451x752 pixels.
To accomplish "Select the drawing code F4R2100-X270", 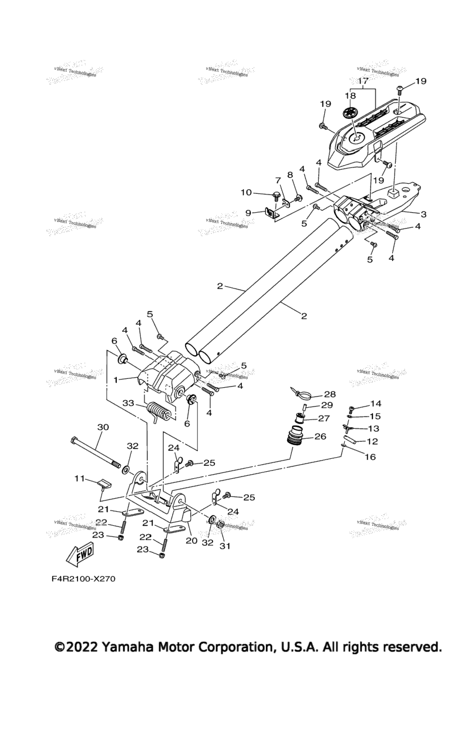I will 83,579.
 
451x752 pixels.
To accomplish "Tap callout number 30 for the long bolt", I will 103,427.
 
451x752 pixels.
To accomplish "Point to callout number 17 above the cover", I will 362,80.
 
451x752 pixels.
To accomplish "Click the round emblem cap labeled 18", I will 350,112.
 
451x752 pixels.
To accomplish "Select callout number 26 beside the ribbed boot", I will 321,437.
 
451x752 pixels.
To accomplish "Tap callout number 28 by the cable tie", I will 329,394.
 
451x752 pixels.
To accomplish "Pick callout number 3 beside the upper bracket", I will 423,213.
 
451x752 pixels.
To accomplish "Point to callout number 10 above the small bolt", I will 246,192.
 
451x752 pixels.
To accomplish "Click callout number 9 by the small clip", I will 248,212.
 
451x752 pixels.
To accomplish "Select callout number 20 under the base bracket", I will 191,540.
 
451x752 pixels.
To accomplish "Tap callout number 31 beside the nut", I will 225,546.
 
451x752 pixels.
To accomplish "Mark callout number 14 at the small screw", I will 375,404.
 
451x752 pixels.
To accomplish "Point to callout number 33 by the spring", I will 128,403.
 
